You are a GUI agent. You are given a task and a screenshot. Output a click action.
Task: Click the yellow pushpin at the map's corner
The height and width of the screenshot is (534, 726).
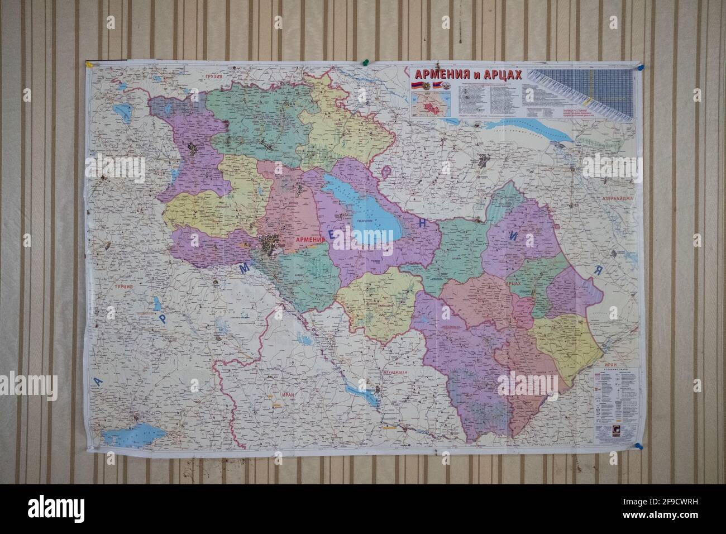88,64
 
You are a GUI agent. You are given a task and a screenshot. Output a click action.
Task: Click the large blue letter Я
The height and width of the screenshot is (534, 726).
596,270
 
